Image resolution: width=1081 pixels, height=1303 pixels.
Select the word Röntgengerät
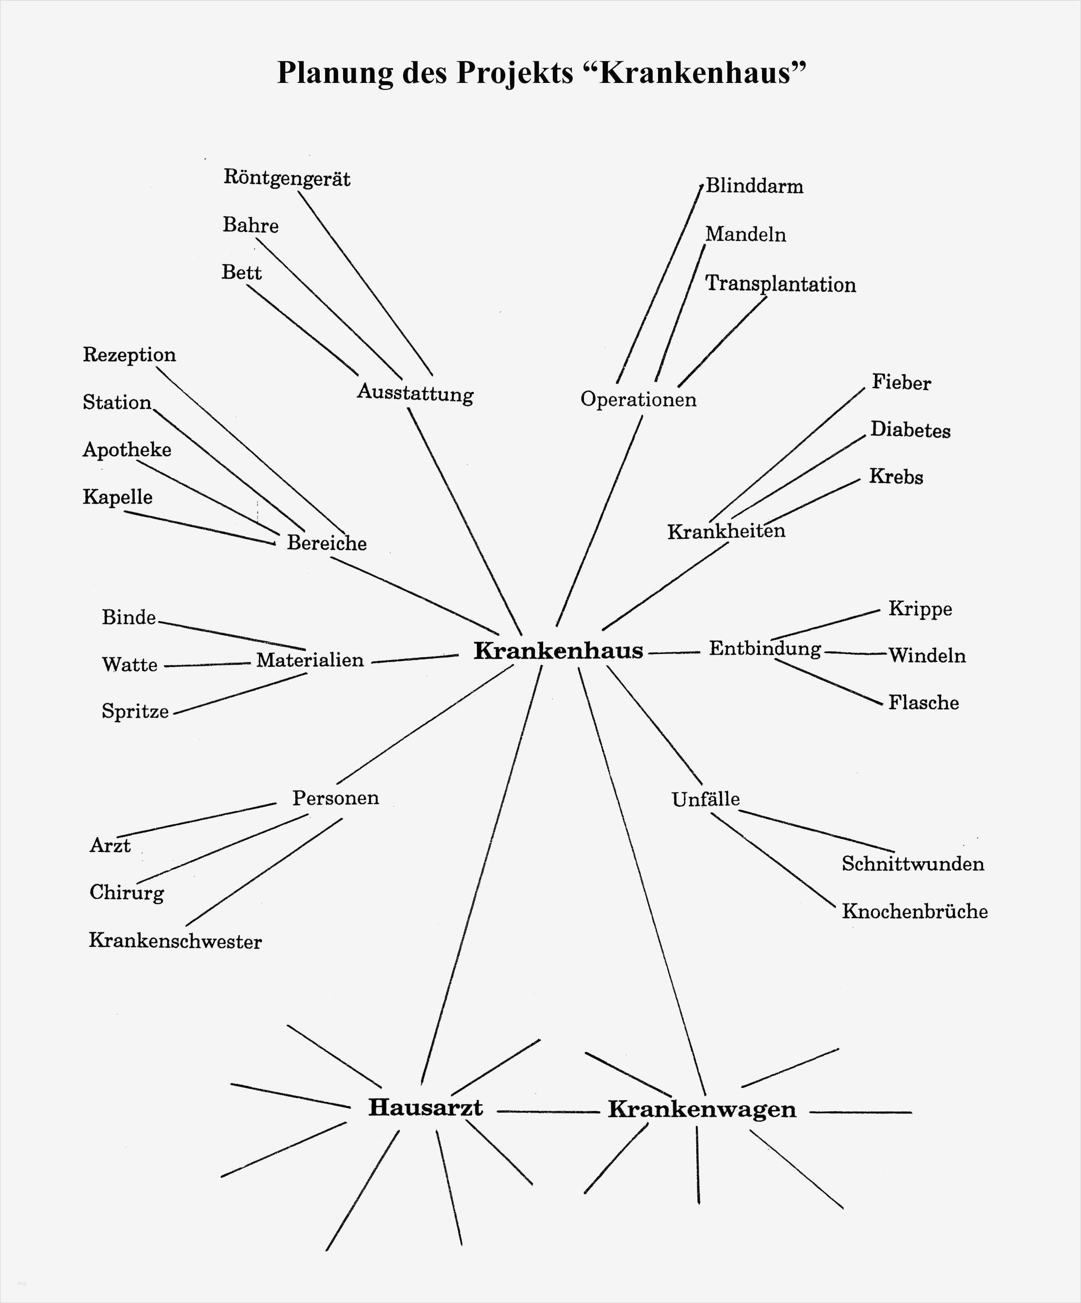(x=286, y=179)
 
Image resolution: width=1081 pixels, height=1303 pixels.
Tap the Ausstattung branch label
(x=415, y=394)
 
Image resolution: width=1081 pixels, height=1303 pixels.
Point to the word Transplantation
(x=780, y=284)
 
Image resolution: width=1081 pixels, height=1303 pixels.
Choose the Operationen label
(x=638, y=399)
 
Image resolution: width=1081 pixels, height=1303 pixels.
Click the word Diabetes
(x=910, y=430)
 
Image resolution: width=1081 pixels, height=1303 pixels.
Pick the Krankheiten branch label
(x=726, y=531)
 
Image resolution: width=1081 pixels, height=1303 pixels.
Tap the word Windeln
(x=927, y=656)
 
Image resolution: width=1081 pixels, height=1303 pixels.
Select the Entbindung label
(x=765, y=649)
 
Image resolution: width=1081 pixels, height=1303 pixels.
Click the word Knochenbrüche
(x=915, y=912)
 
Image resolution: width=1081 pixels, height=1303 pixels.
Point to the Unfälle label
(x=705, y=800)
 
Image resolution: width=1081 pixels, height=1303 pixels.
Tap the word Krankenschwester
(x=175, y=941)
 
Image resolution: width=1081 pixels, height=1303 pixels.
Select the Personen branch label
(x=336, y=798)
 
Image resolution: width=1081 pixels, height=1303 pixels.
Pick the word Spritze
(x=135, y=711)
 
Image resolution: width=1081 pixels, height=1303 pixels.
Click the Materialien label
(x=310, y=660)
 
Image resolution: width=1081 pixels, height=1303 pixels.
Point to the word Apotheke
(x=127, y=450)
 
